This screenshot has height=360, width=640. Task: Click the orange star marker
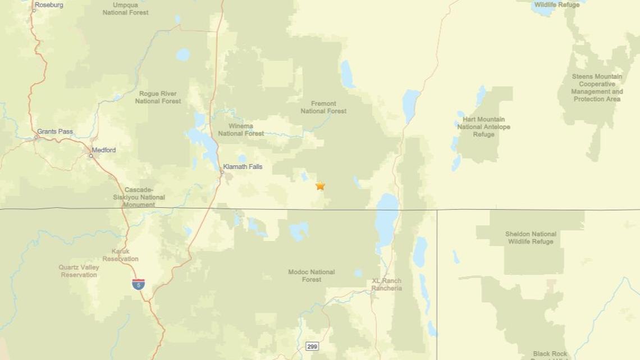coord(320,185)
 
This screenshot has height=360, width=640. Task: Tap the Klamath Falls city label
coord(243,167)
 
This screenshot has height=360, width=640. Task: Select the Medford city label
coord(104,150)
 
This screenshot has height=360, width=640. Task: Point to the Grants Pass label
coord(55,131)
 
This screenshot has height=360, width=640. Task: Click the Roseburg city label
coord(49,5)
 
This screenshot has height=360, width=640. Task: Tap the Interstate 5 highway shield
coord(138,284)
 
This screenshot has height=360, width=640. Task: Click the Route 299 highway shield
coord(312,346)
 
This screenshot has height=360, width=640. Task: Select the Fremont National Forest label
coord(323,107)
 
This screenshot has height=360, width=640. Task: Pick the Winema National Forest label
coord(241,130)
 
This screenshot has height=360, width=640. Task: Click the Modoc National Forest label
coord(312,276)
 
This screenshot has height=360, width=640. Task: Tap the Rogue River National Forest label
coord(158,97)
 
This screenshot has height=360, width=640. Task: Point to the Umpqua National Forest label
coord(126,8)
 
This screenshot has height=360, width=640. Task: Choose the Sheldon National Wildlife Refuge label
coord(531,238)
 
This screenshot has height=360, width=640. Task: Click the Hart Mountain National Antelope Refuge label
coord(483,127)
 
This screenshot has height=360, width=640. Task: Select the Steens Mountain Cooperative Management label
coord(597,88)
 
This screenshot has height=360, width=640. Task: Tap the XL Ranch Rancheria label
coord(387,285)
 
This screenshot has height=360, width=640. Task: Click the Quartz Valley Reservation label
coord(79,271)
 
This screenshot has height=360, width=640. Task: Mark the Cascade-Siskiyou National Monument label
coord(144,197)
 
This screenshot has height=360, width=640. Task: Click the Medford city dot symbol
coord(91,156)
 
